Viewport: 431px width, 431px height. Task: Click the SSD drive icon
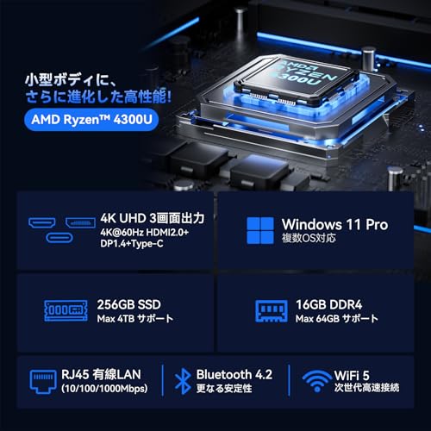(x=65, y=311)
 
